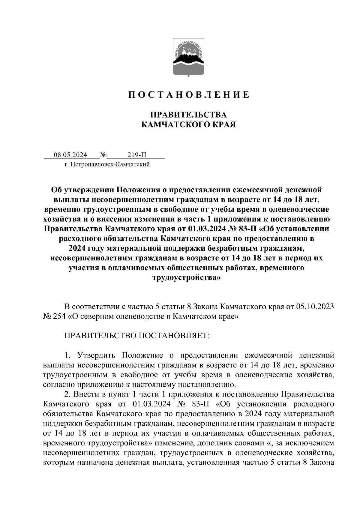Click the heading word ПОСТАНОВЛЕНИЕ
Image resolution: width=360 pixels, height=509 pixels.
[x=189, y=95]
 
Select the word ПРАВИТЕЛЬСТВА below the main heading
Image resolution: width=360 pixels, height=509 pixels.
[x=188, y=115]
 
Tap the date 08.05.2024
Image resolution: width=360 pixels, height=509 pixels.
[x=70, y=155]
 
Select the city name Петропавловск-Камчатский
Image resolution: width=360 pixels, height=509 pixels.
[x=109, y=164]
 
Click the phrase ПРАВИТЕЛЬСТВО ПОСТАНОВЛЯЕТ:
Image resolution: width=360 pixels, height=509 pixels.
[x=137, y=335]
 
